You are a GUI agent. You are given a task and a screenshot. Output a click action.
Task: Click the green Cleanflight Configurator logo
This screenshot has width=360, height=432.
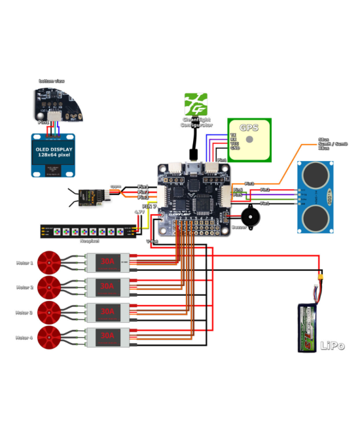click(x=196, y=104)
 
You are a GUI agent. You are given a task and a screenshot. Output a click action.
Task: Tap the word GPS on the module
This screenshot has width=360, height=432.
click(x=249, y=128)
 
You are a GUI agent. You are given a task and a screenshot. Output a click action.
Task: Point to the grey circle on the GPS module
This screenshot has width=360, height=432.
click(x=249, y=139)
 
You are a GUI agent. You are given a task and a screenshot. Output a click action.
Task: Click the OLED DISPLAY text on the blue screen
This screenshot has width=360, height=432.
click(x=54, y=149)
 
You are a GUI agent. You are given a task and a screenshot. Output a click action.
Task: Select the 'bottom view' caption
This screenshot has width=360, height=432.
click(x=52, y=81)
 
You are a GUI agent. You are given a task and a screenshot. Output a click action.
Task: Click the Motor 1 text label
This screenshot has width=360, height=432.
click(x=24, y=263)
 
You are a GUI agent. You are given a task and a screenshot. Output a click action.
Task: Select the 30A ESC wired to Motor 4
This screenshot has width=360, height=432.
click(x=105, y=337)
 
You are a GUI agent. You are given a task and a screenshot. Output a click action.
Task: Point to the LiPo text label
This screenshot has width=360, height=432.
click(x=332, y=346)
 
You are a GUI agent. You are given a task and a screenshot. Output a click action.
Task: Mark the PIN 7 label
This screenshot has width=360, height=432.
click(x=149, y=206)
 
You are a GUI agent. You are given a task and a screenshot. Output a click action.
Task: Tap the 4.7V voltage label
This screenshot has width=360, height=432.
click(x=139, y=212)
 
